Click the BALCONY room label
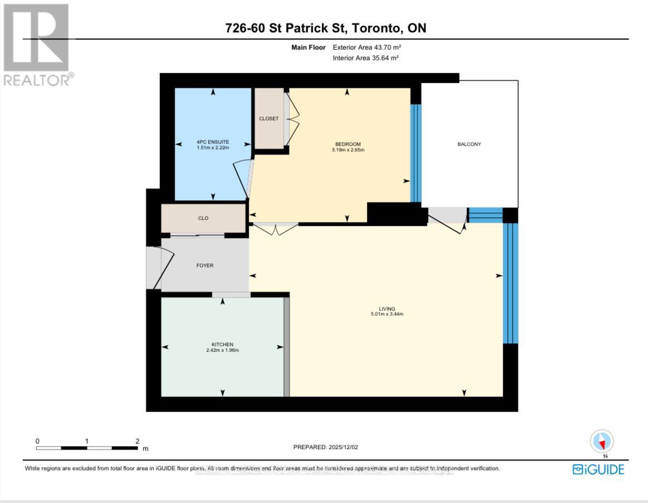469,144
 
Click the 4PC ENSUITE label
213,142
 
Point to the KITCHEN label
222,344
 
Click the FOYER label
205,265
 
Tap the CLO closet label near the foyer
203,218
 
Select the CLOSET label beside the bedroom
269,119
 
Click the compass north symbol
602,441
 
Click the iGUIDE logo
598,470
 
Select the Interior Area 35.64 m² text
366,58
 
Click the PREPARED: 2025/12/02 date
330,447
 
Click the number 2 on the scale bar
137,441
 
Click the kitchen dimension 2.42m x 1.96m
222,351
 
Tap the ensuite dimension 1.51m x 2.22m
213,148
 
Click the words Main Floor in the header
309,47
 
